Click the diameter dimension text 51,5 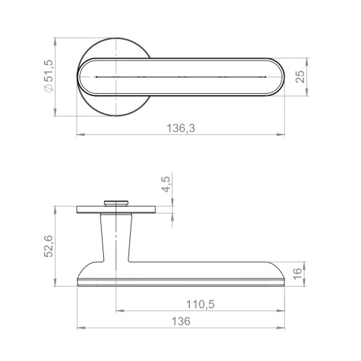(48, 71)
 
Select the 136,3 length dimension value (180, 128)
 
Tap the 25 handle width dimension (300, 77)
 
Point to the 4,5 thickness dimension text (166, 184)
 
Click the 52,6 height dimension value (48, 246)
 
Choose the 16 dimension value (297, 273)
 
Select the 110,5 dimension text (200, 305)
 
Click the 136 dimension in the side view (180, 321)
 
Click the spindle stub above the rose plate (116, 203)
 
